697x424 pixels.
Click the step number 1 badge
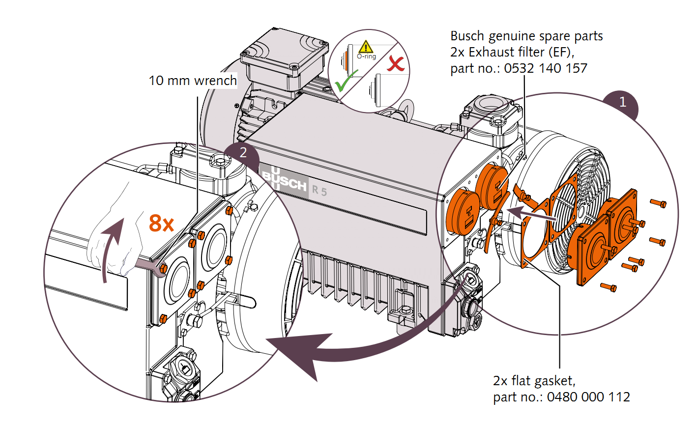point(623,102)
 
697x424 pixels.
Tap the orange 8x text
point(162,224)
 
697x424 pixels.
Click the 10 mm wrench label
point(193,81)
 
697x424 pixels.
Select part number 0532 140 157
point(546,68)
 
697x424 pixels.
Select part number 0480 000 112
point(588,397)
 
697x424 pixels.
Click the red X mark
point(395,63)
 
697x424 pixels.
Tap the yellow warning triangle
point(366,47)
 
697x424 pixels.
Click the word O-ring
point(366,57)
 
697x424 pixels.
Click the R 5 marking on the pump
point(319,190)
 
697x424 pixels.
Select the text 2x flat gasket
point(534,381)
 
